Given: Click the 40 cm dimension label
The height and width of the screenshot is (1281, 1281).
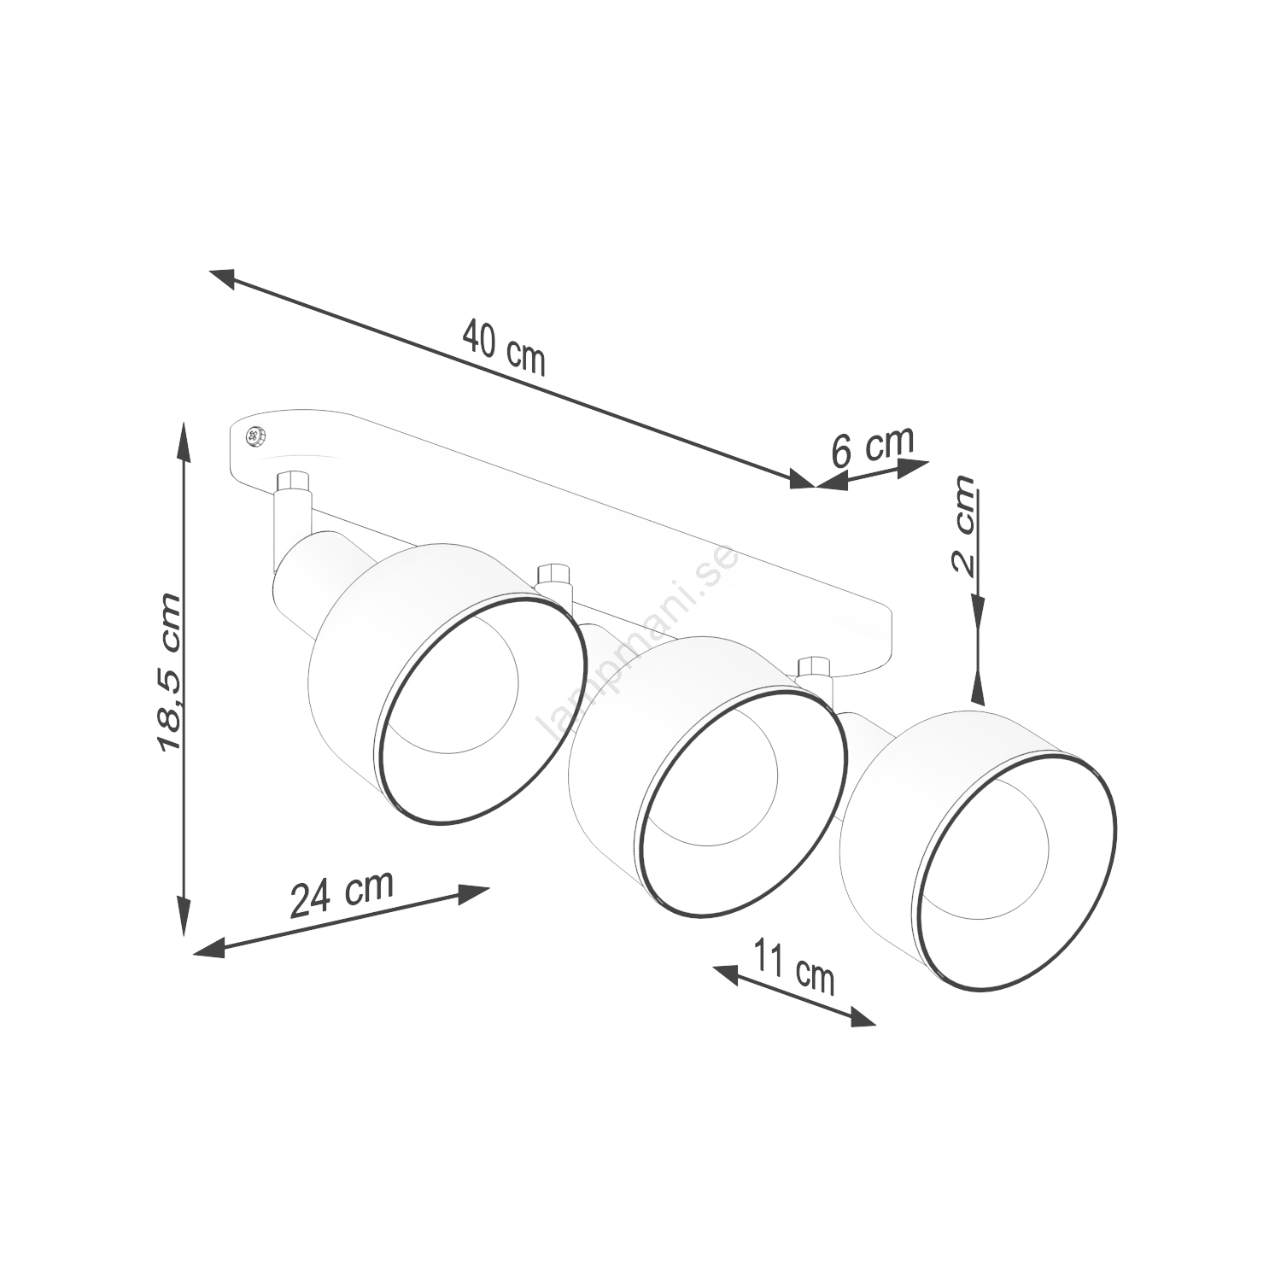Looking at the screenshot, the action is pyautogui.click(x=504, y=347).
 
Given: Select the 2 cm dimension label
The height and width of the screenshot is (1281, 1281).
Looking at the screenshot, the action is pyautogui.click(x=962, y=527).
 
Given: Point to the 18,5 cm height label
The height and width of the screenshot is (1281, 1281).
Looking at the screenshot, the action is pyautogui.click(x=169, y=673).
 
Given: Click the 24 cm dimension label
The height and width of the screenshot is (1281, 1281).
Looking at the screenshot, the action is pyautogui.click(x=342, y=892).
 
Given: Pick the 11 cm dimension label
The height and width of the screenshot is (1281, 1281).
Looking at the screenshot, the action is pyautogui.click(x=794, y=966).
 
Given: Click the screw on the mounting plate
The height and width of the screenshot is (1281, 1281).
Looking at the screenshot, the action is pyautogui.click(x=254, y=436).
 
